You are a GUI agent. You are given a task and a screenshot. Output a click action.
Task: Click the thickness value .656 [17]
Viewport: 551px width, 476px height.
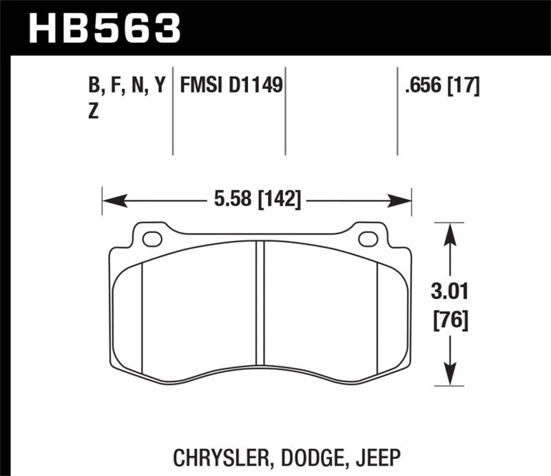click(443, 86)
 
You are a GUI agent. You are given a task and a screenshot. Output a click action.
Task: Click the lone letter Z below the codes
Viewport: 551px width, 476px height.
click(94, 112)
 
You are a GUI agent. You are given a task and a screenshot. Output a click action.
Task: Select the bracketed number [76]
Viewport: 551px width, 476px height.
click(451, 320)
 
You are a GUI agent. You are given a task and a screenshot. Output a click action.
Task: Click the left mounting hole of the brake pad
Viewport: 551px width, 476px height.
click(152, 239)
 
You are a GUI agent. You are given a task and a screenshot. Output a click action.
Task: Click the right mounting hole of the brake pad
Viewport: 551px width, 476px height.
click(368, 239)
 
